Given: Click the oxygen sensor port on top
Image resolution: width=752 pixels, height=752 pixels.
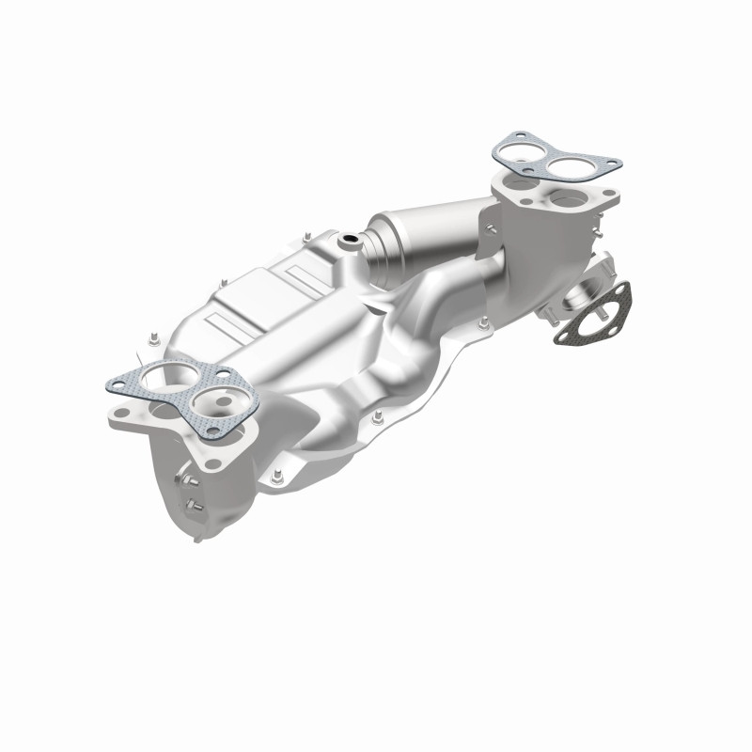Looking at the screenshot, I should [350, 242].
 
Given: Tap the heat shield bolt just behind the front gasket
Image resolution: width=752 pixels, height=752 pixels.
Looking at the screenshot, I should [150, 336].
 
